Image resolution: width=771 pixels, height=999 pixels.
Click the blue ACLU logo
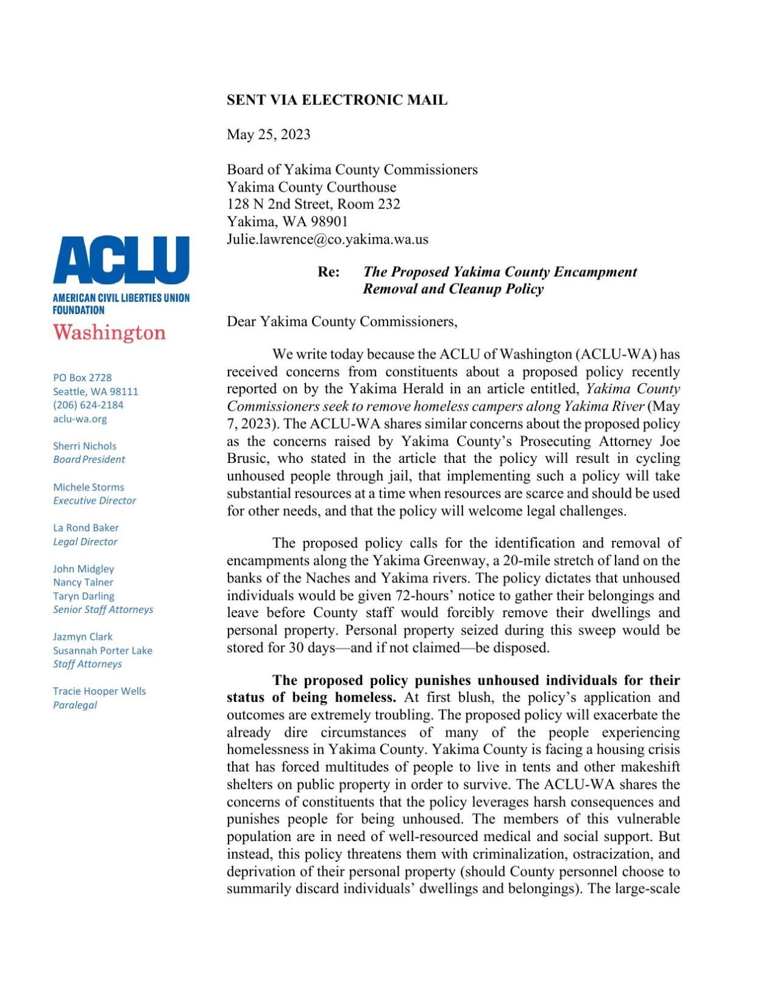[121, 260]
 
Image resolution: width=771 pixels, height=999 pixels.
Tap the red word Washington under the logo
[109, 333]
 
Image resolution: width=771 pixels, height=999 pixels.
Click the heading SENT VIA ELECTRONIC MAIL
[337, 100]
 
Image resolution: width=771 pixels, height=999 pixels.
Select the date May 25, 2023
[268, 135]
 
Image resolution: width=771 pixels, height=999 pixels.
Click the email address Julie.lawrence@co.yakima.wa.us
[327, 239]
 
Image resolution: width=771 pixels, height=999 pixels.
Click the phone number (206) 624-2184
[88, 405]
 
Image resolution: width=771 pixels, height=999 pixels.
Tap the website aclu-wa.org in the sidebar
[80, 419]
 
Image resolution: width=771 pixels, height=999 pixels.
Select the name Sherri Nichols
[84, 446]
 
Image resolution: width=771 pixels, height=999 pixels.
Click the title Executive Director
[94, 501]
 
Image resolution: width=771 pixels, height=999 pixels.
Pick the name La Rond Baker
[85, 528]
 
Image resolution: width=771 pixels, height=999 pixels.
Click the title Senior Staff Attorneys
[103, 609]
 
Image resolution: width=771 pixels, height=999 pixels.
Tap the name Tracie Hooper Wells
[99, 691]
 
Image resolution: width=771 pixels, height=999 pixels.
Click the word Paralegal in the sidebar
[75, 705]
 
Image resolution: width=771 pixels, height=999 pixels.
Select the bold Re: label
[329, 272]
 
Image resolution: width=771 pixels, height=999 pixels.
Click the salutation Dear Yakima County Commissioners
[342, 321]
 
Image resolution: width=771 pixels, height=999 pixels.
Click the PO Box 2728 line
[82, 378]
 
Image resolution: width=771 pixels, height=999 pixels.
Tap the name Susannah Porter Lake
[102, 651]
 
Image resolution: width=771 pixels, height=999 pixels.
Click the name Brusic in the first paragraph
[247, 459]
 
